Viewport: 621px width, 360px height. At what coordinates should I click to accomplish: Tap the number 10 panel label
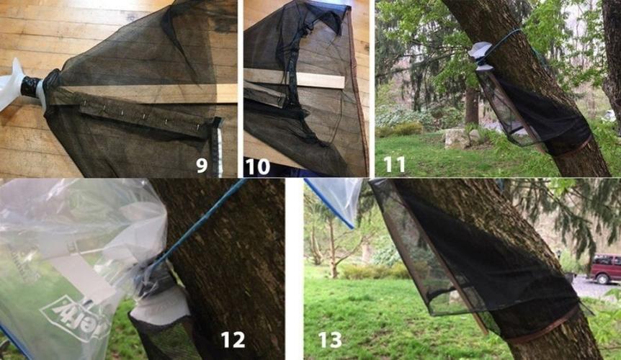pyautogui.click(x=257, y=166)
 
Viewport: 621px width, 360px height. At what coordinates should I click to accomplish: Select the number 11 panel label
pyautogui.click(x=394, y=164)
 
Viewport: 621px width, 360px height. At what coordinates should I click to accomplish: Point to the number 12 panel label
pyautogui.click(x=233, y=338)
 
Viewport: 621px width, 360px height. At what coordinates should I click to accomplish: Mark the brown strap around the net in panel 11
pyautogui.click(x=569, y=148)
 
